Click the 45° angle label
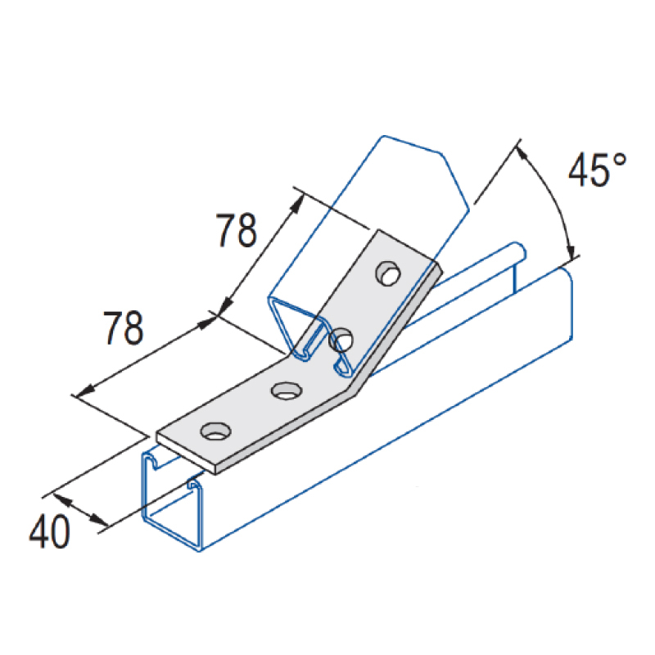(598, 169)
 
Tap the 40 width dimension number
(49, 531)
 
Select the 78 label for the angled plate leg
(236, 230)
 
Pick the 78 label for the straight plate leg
(124, 327)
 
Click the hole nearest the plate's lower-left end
(215, 431)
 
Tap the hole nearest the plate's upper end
(388, 273)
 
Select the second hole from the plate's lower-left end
(286, 391)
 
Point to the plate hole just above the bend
(341, 339)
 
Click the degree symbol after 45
(620, 160)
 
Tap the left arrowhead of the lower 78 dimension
(85, 391)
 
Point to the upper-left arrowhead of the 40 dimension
(62, 499)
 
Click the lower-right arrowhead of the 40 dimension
(100, 521)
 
